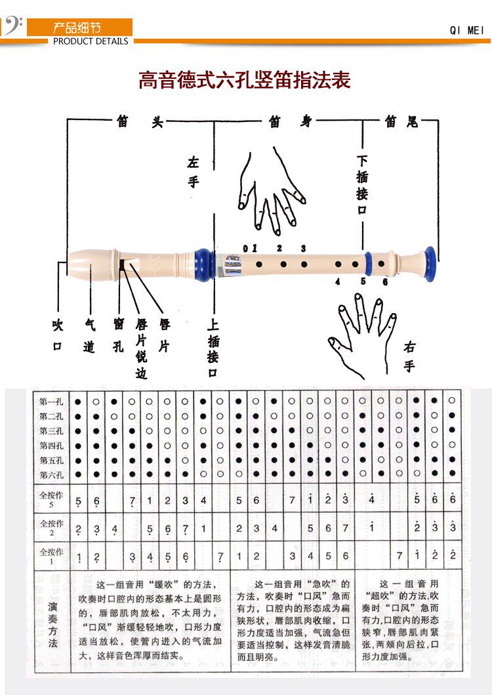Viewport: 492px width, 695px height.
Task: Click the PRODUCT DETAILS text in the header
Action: [91, 41]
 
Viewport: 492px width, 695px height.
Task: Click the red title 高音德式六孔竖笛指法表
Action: [245, 80]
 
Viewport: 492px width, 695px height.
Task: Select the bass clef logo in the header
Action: [13, 26]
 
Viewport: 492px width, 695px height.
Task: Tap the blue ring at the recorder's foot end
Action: [430, 263]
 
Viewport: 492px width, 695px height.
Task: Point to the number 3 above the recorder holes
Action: [303, 248]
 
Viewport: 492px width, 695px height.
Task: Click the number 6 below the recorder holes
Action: [385, 282]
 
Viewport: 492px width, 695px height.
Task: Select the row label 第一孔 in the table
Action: [51, 401]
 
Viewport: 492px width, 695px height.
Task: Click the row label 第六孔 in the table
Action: [51, 474]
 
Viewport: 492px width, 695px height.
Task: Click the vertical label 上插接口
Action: [213, 348]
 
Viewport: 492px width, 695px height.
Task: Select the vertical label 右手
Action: [409, 356]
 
